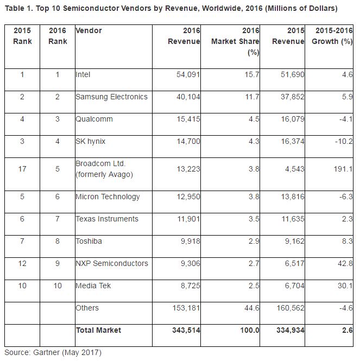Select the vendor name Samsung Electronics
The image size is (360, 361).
111,97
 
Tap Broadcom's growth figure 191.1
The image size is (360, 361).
343,169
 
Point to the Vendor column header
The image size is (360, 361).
89,30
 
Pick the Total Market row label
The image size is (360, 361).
98,330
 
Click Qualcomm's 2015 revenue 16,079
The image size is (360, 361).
291,119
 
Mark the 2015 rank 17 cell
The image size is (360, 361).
22,169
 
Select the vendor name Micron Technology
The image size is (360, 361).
108,197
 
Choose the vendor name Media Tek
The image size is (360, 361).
93,286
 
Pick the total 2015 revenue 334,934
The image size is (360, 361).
289,330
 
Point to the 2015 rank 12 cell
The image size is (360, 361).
22,263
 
